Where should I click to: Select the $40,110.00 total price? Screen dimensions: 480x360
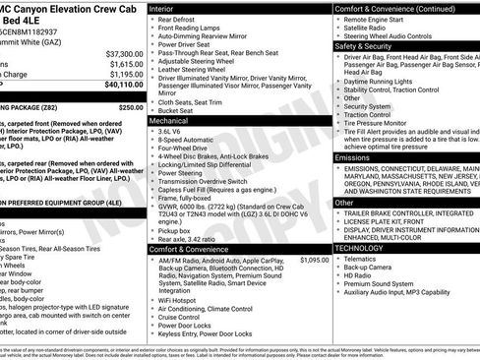(x=122, y=85)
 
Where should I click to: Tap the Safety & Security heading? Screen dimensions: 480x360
(x=366, y=45)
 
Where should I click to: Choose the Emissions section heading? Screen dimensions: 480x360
(x=352, y=156)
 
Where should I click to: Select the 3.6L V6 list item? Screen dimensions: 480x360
(x=170, y=131)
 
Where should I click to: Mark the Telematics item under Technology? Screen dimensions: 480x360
(x=367, y=258)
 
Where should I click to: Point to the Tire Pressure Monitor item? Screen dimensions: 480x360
(x=387, y=125)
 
